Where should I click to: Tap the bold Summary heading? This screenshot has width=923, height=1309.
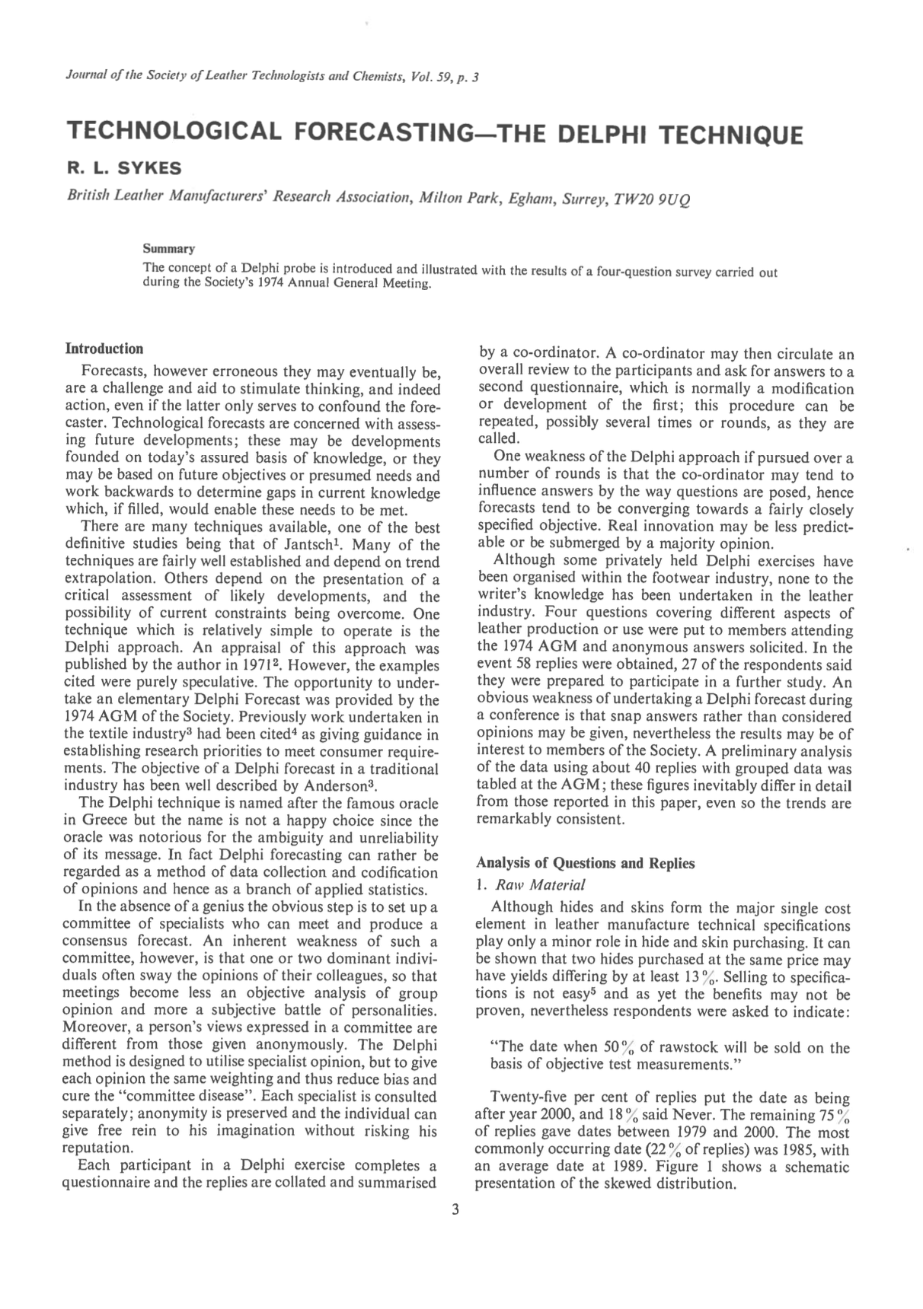[169, 248]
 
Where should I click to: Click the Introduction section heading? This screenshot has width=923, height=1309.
[104, 349]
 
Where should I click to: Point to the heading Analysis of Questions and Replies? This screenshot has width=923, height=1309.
[585, 863]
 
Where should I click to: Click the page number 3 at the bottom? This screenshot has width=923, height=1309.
[455, 1210]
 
